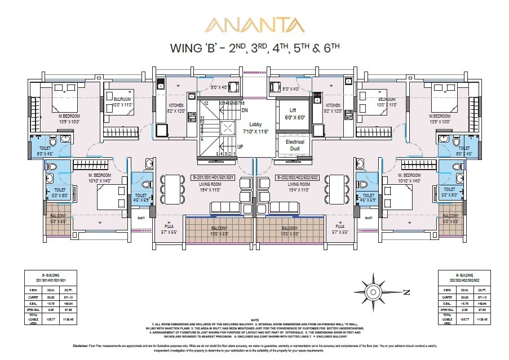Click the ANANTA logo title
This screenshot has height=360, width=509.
254,25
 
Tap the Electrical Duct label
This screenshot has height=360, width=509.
295,145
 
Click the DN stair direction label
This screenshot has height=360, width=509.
244,110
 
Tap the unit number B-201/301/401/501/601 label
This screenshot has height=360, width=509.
223,177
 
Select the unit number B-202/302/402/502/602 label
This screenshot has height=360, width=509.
295,177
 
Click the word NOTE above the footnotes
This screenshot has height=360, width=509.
255,319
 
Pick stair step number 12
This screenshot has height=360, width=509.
207,104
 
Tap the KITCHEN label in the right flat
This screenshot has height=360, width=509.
333,105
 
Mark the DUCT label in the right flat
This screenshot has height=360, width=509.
369,218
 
